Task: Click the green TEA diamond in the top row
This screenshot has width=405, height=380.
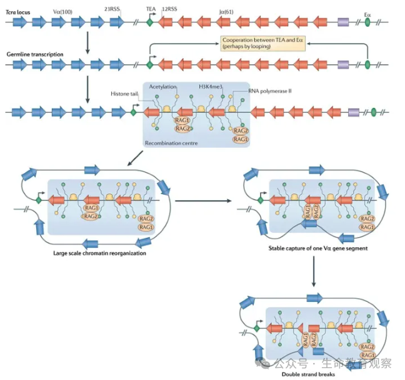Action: point(149,22)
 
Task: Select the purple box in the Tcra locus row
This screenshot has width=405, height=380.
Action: point(343,22)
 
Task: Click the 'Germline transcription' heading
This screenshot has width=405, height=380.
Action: point(34,54)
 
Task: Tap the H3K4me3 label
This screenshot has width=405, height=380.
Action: point(211,87)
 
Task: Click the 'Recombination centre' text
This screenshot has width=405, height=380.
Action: point(171,143)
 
